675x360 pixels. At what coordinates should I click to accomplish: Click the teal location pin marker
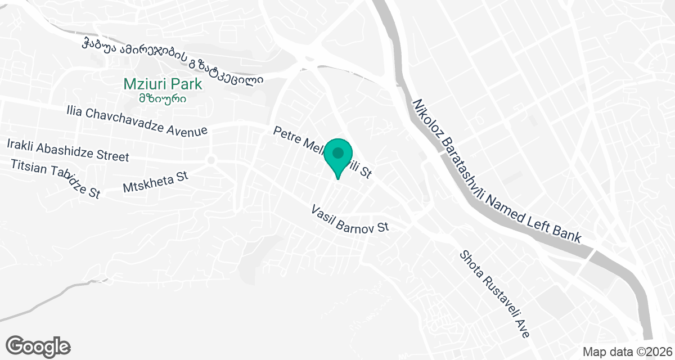click(338, 158)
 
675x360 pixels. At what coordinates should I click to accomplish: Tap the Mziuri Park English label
click(163, 84)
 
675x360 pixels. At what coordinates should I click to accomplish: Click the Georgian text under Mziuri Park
click(163, 98)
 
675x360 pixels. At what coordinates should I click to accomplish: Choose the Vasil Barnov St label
click(350, 219)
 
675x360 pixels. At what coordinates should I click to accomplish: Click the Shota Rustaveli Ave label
click(494, 294)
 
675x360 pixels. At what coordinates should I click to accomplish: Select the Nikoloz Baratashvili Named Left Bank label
click(496, 170)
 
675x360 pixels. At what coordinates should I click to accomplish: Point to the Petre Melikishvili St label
click(322, 152)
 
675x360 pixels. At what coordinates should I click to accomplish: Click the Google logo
click(38, 345)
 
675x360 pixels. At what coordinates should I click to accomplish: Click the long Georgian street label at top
click(172, 61)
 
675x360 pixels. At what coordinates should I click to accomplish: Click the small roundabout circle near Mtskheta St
click(211, 160)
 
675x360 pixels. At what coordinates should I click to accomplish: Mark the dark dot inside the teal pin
click(338, 152)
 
